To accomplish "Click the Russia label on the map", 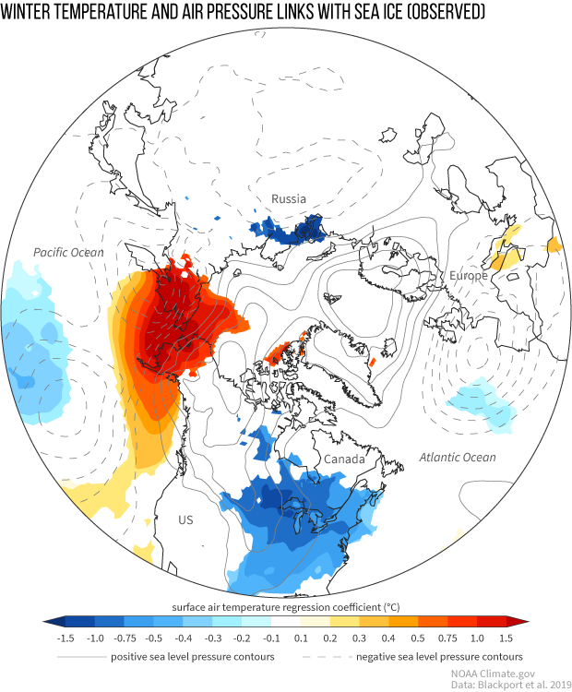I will click(288, 198).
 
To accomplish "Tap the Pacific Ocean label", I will click(68, 252).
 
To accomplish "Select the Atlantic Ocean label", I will click(458, 458).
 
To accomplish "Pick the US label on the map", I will click(185, 520).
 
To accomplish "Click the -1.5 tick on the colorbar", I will click(66, 638).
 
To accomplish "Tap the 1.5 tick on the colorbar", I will click(506, 638).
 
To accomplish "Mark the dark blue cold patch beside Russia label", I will click(291, 228).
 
